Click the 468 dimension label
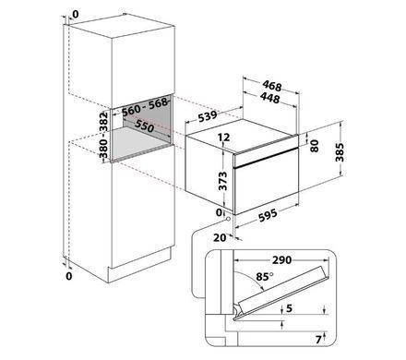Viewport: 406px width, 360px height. (x=272, y=86)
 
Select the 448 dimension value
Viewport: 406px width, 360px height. (x=270, y=98)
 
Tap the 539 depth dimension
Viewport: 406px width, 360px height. (x=208, y=116)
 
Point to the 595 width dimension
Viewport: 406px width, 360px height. (x=268, y=215)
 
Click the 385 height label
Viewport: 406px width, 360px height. (x=340, y=152)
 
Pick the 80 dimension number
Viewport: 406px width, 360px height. (x=315, y=146)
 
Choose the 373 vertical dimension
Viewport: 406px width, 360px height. (x=222, y=181)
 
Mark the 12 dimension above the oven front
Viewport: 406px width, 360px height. (x=224, y=137)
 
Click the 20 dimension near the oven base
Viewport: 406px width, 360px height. (x=220, y=237)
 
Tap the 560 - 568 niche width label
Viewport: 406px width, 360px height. (x=145, y=107)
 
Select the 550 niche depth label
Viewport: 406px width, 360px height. (x=144, y=126)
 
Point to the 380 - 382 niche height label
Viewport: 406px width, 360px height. (x=104, y=135)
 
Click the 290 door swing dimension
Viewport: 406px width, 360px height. (x=281, y=260)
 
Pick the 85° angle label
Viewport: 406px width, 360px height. (x=265, y=277)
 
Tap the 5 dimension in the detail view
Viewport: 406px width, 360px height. (x=289, y=308)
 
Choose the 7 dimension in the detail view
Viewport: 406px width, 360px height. (x=318, y=340)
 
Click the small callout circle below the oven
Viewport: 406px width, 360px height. (x=228, y=219)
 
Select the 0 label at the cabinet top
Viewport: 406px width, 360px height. (x=76, y=14)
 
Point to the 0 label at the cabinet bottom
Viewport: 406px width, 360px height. (x=69, y=276)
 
